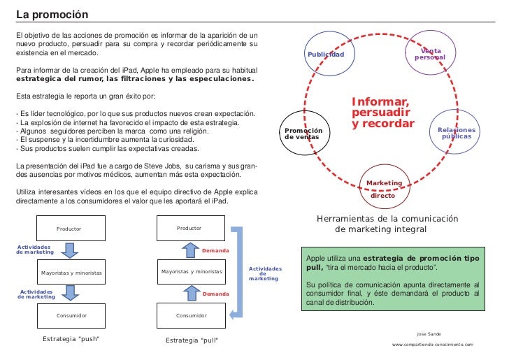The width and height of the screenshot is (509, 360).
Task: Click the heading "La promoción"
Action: pyautogui.click(x=47, y=15)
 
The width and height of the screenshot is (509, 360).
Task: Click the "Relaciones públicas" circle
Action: pyautogui.click(x=456, y=133)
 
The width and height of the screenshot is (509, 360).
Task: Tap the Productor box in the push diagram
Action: pyautogui.click(x=70, y=228)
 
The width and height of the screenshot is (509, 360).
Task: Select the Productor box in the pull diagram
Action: pyautogui.click(x=189, y=228)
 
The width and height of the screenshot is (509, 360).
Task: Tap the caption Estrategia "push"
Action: pyautogui.click(x=71, y=339)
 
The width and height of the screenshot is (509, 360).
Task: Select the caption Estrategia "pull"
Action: pyautogui.click(x=191, y=340)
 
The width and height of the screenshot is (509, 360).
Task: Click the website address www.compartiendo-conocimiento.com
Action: pyautogui.click(x=432, y=345)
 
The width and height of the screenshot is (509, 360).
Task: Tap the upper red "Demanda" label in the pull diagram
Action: pyautogui.click(x=215, y=250)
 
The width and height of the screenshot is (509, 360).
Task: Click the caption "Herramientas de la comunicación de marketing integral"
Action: pyautogui.click(x=387, y=224)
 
